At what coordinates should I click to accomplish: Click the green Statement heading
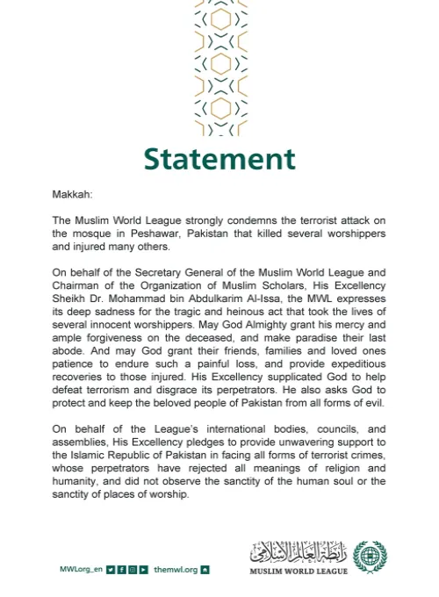tap(219, 159)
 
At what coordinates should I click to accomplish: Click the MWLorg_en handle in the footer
tap(82, 569)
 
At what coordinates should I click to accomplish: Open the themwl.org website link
tap(176, 569)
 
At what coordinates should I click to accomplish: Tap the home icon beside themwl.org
tap(205, 569)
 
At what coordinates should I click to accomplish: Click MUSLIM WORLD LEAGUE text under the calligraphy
tap(299, 572)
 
